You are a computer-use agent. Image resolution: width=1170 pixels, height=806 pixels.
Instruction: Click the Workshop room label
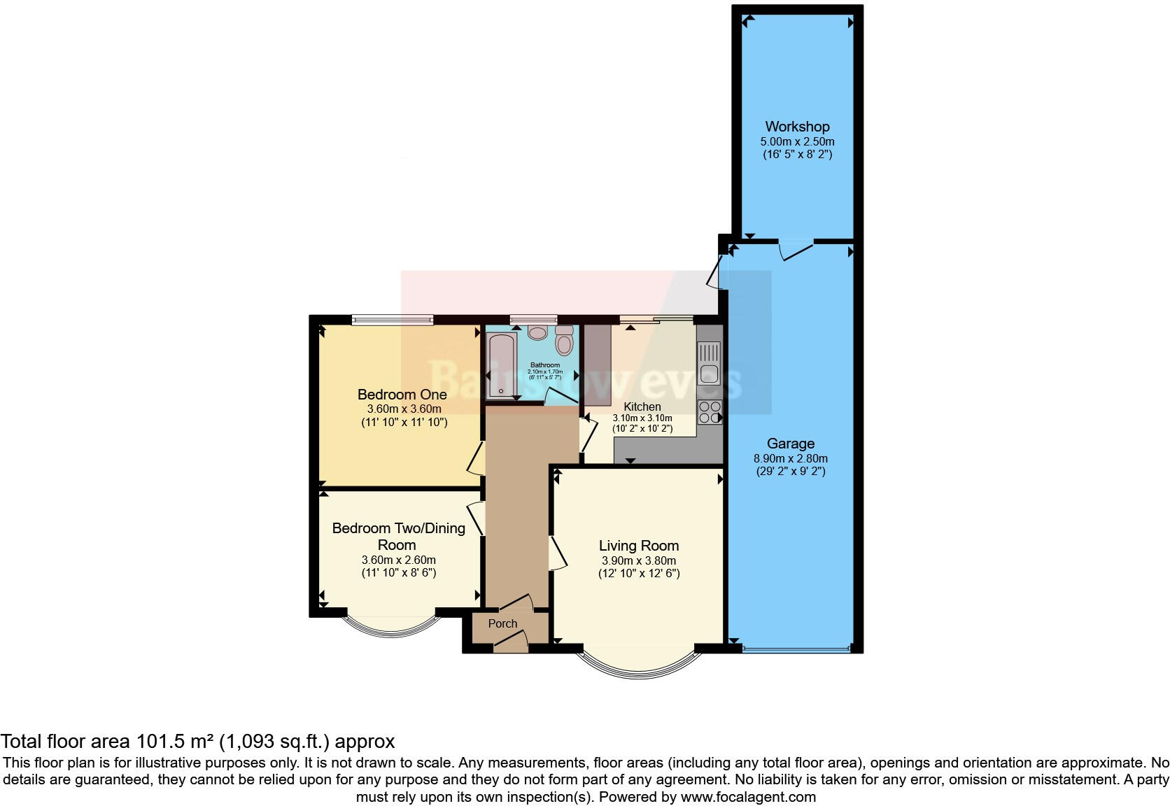point(797,127)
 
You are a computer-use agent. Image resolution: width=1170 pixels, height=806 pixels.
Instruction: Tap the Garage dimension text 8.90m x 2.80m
point(790,458)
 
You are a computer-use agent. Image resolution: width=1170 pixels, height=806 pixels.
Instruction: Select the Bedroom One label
point(402,395)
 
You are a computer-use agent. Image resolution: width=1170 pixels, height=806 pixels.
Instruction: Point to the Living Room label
point(638,546)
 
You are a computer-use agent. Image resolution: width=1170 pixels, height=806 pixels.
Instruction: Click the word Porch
point(502,623)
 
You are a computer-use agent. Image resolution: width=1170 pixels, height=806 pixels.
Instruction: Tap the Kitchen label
point(642,406)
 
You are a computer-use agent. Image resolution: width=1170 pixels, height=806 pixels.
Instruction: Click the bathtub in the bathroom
point(501,366)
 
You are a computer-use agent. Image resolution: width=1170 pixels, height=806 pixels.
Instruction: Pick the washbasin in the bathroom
point(537,332)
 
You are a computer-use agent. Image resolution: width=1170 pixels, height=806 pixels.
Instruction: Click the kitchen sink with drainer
point(709,362)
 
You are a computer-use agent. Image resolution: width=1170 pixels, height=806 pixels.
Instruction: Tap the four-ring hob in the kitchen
point(709,412)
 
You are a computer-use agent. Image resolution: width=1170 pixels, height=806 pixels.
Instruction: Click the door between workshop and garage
point(796,249)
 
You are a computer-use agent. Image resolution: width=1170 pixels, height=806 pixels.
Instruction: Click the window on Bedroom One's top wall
point(392,320)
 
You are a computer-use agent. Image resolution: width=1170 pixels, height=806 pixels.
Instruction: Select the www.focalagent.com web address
point(748,796)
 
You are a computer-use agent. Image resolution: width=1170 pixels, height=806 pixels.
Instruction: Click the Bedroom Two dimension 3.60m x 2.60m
point(398,560)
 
